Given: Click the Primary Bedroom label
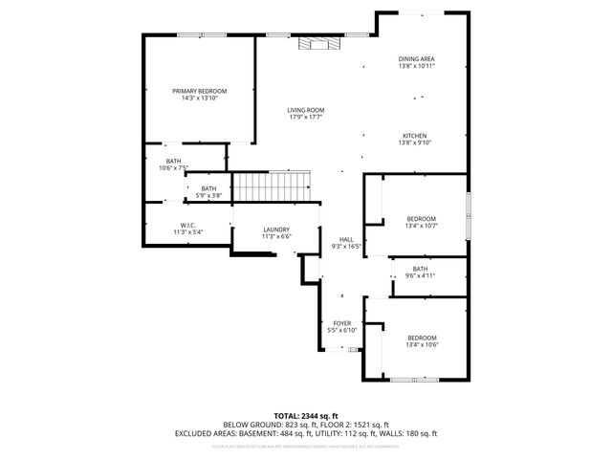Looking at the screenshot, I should (200, 91).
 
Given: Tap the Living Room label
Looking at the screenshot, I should (306, 110).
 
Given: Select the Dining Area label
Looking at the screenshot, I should (417, 59).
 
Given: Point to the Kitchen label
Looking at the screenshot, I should (414, 136).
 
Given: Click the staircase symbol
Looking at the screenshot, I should (273, 186).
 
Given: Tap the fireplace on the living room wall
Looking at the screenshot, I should (316, 42).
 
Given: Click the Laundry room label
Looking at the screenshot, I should (276, 229).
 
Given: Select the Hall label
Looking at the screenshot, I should (346, 239).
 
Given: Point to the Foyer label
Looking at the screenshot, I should (341, 323).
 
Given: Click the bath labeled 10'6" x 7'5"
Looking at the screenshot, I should (173, 161).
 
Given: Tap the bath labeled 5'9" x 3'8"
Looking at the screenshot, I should (208, 188).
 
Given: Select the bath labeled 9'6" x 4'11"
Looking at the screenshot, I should (421, 269).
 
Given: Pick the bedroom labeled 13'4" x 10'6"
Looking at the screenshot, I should (422, 339).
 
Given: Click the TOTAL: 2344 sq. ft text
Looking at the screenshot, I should (306, 416).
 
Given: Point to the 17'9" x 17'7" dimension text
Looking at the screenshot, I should (306, 118).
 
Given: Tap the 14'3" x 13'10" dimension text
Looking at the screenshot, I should (200, 98).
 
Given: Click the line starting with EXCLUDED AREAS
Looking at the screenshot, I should (306, 432).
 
